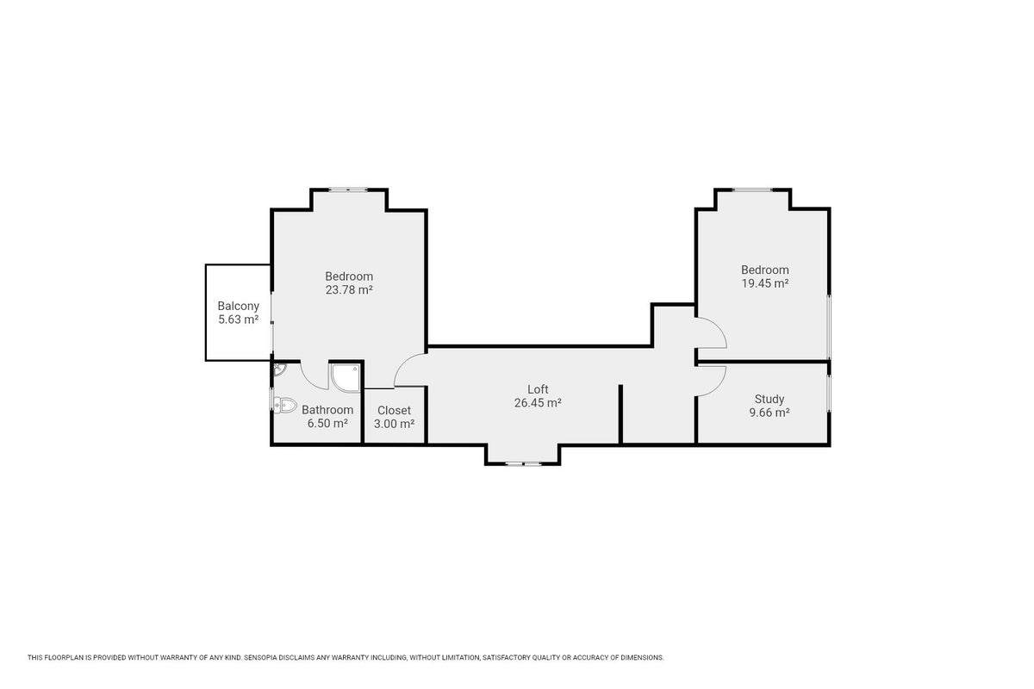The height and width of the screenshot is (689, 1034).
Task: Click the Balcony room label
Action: click(238, 306)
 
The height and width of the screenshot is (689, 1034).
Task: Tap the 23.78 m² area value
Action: click(349, 290)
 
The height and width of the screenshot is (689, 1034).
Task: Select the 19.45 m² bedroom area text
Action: click(765, 283)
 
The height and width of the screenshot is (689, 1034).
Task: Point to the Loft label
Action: click(538, 389)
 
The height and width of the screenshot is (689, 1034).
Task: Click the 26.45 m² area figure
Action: click(538, 403)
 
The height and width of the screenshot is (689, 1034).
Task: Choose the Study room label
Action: click(769, 399)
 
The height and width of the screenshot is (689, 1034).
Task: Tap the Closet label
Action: click(395, 410)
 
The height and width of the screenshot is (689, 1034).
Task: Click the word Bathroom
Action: click(327, 410)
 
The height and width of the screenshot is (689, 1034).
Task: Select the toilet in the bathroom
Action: click(285, 405)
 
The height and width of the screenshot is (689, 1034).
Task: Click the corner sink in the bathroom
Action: click(279, 369)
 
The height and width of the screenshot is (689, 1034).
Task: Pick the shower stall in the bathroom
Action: click(346, 378)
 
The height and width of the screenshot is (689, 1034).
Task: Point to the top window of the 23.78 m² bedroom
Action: click(348, 189)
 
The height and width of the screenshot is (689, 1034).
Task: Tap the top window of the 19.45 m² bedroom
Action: click(752, 189)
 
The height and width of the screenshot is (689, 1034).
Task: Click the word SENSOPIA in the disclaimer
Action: click(262, 658)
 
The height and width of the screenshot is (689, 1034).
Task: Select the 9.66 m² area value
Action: click(769, 413)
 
